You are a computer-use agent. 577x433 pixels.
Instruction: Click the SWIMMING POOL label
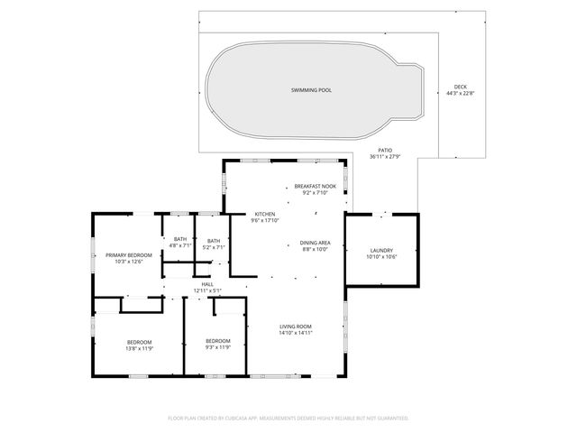[x=311, y=90]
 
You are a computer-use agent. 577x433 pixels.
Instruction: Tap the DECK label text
[x=461, y=87]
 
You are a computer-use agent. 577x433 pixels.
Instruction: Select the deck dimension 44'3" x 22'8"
[x=461, y=93]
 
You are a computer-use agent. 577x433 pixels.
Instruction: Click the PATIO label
[x=385, y=150]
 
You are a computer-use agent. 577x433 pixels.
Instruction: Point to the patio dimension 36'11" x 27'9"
[x=385, y=156]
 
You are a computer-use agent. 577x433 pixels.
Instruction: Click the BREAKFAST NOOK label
[x=315, y=186]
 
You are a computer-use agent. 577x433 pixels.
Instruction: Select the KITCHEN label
[x=263, y=214]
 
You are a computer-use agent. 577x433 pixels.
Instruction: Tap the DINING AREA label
[x=315, y=243]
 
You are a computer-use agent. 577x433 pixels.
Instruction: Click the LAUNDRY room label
[x=381, y=250]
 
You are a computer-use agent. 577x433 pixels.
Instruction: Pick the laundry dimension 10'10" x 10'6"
[x=381, y=256]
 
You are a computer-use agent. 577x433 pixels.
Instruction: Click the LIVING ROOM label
[x=295, y=327]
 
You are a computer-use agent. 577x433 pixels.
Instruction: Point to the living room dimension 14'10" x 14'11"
[x=295, y=333]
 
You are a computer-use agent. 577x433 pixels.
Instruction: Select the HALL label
[x=207, y=284]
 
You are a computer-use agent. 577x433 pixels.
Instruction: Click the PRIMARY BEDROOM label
[x=128, y=255]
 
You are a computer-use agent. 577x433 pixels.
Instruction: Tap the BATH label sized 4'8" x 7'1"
[x=180, y=239]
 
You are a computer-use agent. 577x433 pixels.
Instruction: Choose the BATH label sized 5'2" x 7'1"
[x=214, y=240]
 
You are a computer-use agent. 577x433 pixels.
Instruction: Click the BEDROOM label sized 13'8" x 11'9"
[x=139, y=341]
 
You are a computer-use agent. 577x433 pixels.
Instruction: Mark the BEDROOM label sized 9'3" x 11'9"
[x=218, y=341]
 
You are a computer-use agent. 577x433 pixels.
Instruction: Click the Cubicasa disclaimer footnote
[x=288, y=418]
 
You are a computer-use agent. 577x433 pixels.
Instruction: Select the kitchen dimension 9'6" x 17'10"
[x=263, y=220]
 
